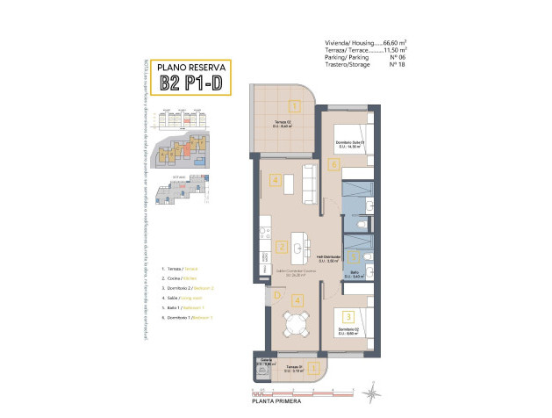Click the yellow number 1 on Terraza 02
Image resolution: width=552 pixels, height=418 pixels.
[296, 107]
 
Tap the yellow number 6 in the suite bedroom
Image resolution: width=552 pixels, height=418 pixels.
[333, 163]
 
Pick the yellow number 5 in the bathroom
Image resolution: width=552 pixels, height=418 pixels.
[354, 257]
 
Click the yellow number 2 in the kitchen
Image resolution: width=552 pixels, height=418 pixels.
[282, 247]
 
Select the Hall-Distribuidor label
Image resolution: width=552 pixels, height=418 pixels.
[328, 256]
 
